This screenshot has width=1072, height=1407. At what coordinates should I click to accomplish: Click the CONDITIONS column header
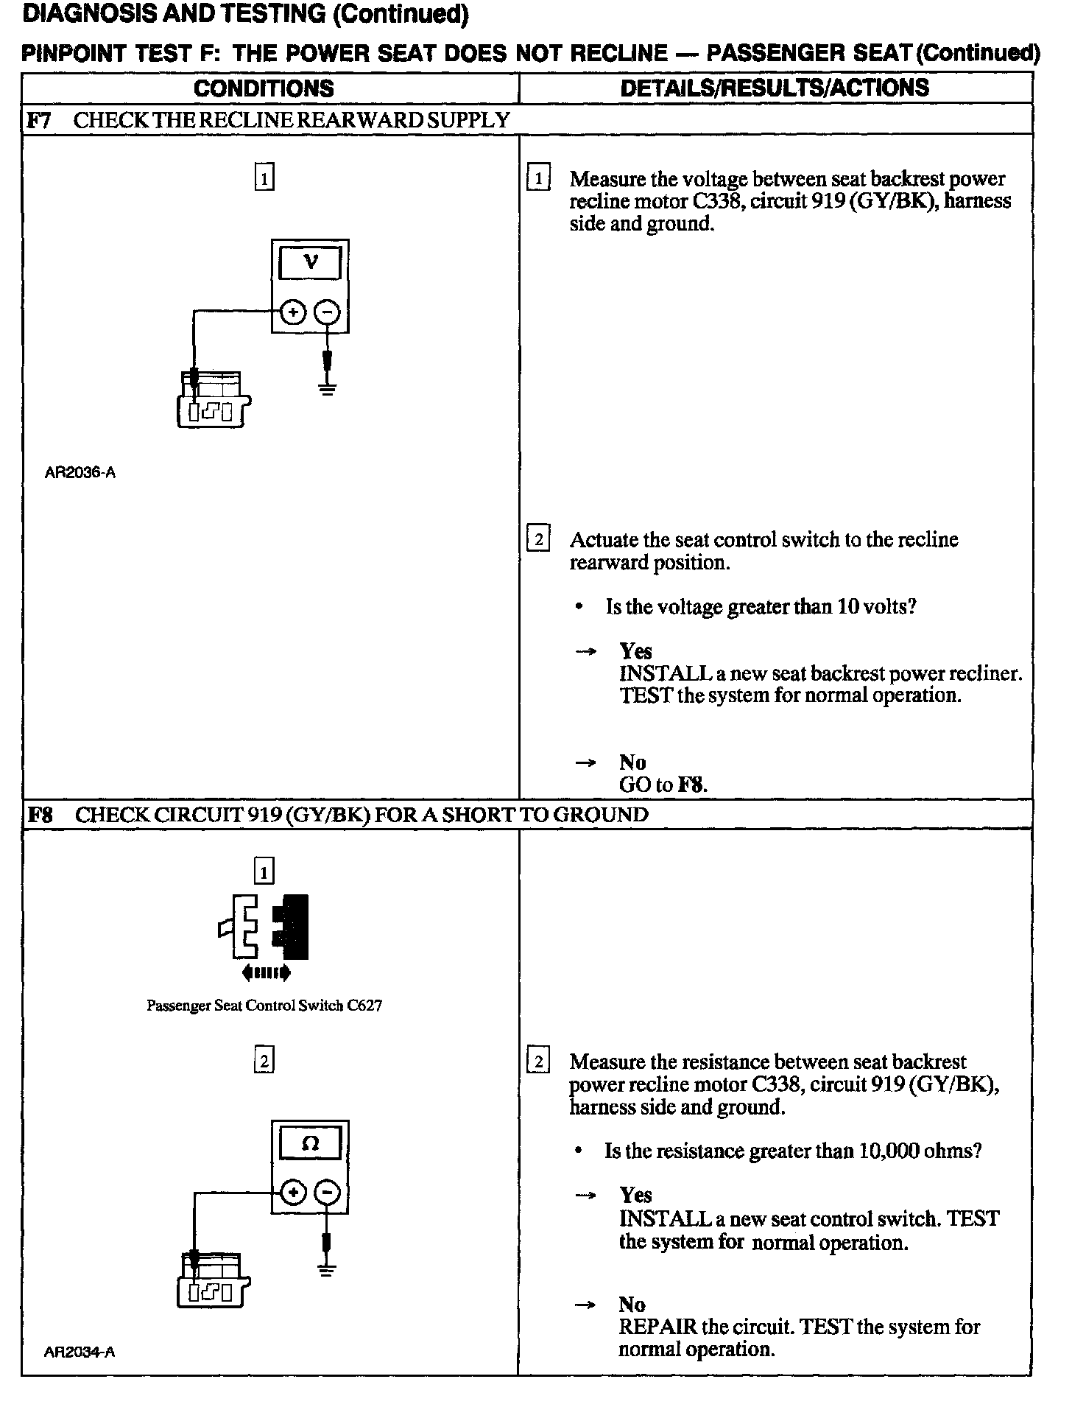point(264,88)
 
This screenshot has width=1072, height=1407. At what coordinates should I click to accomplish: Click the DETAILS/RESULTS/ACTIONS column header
point(775,88)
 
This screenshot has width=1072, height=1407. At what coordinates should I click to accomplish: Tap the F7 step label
point(38,120)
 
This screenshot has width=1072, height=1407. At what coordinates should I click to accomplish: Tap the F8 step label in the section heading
point(40,815)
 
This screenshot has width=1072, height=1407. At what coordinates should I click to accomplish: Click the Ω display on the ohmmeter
point(311,1144)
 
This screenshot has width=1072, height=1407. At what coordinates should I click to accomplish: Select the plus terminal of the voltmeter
point(293,312)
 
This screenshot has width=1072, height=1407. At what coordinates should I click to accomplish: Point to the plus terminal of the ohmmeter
point(293,1193)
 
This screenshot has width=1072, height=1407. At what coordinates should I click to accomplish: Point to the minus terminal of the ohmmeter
point(328,1193)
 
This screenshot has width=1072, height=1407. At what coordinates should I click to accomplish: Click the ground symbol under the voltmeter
point(327,389)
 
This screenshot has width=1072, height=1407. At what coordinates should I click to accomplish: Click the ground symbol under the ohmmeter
point(327,1269)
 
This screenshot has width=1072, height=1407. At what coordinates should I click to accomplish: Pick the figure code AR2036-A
point(80,473)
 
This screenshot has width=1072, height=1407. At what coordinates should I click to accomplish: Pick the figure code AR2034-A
point(80,1352)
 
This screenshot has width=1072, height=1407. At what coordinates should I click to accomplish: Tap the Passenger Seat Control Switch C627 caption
point(264,1006)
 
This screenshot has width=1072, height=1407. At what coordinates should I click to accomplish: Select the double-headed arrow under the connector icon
point(266,973)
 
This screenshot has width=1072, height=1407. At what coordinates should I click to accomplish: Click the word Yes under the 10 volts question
point(635,651)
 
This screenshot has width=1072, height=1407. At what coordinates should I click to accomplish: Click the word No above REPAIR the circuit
point(632,1305)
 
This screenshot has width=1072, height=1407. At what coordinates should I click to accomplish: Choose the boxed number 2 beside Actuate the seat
point(538,540)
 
